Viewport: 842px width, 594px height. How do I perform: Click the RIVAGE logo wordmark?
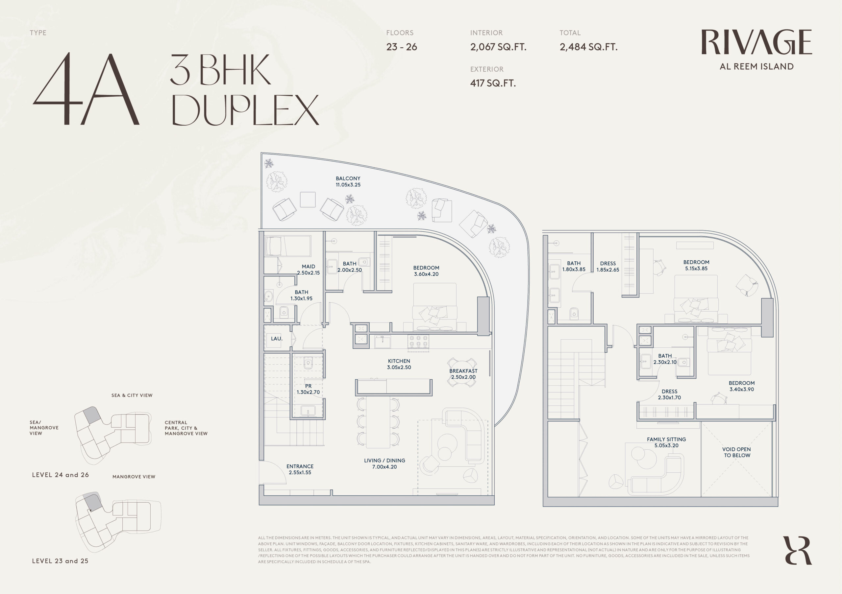[x=756, y=42]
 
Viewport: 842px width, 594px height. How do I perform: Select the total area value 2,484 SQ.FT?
[x=588, y=47]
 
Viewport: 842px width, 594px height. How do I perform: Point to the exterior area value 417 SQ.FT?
[x=493, y=83]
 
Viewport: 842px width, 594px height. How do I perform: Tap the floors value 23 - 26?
[x=402, y=47]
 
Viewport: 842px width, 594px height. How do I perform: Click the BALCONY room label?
[x=348, y=178]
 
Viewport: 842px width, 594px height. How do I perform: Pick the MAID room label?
[x=309, y=266]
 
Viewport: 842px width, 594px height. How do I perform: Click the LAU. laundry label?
[x=277, y=339]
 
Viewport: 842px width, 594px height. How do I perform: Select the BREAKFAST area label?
[x=463, y=371]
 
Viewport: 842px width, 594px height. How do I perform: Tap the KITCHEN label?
[x=399, y=361]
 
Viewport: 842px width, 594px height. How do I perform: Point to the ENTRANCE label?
[x=300, y=466]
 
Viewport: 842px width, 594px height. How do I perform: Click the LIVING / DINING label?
[x=384, y=461]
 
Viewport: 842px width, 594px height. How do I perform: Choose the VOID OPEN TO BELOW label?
[x=736, y=452]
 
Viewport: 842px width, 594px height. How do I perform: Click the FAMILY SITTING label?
[x=666, y=440]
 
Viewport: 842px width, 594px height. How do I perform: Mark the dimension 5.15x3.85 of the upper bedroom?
[x=696, y=268]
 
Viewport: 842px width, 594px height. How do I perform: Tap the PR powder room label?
[x=309, y=386]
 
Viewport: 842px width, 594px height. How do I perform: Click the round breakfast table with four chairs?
[x=462, y=372]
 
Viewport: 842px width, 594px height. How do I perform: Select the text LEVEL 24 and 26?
[x=61, y=475]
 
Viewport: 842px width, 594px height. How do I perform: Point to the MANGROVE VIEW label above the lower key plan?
[x=134, y=477]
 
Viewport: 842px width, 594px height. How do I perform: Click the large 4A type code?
[x=86, y=89]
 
